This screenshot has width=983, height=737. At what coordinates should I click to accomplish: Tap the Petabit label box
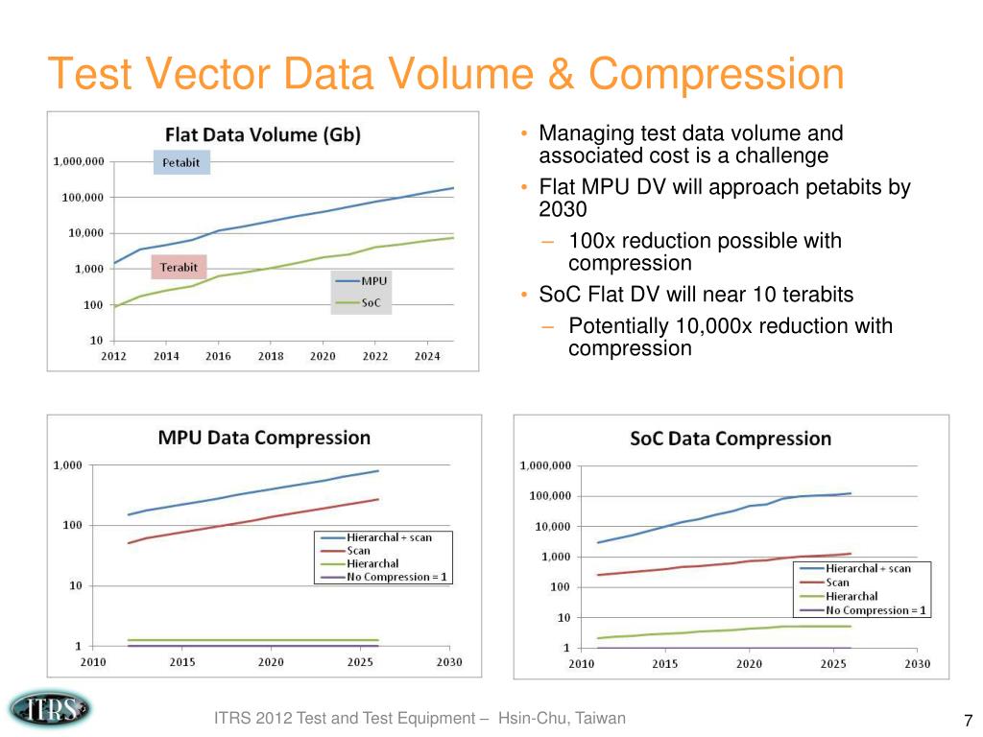pos(181,162)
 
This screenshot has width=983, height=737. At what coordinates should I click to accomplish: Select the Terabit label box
pos(180,268)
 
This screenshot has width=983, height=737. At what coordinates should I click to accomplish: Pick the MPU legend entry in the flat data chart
pos(373,280)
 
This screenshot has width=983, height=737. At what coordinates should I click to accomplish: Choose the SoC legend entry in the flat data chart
pos(370,303)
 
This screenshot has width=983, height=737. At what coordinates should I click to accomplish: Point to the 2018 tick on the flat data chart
pos(271,356)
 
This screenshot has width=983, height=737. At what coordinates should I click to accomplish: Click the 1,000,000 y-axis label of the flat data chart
pos(79,162)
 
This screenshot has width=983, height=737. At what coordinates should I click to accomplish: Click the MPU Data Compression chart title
pos(264,438)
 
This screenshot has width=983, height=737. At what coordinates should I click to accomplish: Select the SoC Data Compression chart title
pos(731,439)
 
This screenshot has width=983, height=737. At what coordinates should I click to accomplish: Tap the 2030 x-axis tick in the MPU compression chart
pos(449,662)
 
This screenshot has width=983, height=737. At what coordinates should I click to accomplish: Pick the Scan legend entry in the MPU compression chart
pos(359,551)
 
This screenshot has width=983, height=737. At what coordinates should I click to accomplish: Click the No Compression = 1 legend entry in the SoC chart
pos(876,610)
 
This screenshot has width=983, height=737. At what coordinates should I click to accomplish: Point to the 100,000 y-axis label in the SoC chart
pos(545,496)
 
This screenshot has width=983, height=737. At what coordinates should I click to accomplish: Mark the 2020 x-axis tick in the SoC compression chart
pos(748,663)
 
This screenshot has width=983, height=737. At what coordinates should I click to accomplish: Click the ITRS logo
pos(50,709)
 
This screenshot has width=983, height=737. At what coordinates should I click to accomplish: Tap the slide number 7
pos(968,721)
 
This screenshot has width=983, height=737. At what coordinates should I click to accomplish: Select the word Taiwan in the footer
pos(600,718)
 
